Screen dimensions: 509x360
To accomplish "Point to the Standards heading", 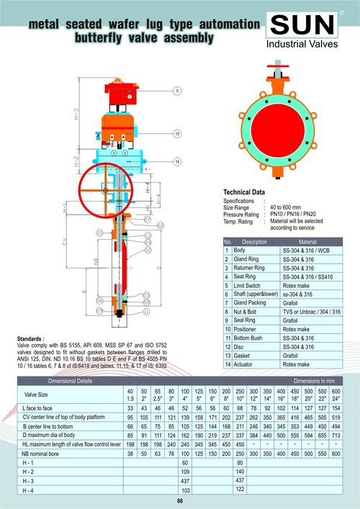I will click(31, 336).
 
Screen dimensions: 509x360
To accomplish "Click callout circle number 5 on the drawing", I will click(176, 92).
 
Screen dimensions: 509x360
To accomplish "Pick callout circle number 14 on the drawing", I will click(176, 161).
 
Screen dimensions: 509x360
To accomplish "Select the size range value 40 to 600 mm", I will click(292, 209).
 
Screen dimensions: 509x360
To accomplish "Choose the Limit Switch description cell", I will click(248, 285).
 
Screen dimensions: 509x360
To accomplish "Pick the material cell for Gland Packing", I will click(295, 303).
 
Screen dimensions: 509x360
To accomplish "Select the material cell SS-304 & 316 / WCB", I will click(307, 250).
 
